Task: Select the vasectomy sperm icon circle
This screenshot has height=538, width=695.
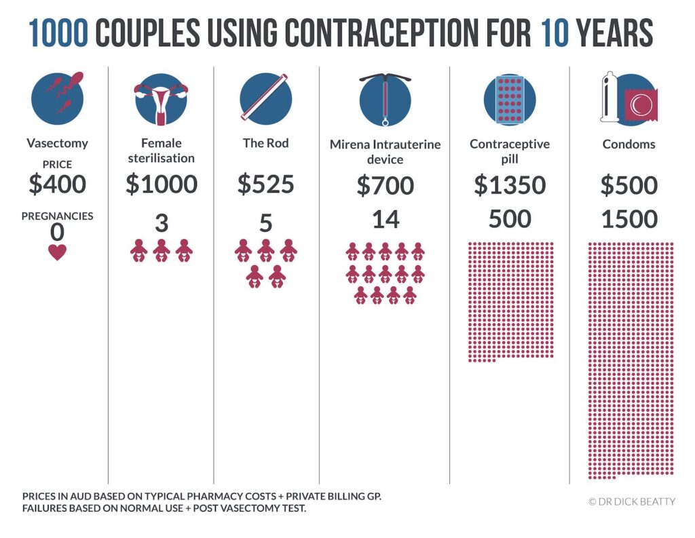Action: click(x=57, y=98)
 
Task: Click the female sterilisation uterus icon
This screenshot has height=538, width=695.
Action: click(x=161, y=99)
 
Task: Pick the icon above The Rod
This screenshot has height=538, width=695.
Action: click(x=265, y=99)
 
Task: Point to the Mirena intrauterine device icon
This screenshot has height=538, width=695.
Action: click(x=385, y=99)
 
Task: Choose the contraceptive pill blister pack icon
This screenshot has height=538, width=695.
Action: click(x=509, y=99)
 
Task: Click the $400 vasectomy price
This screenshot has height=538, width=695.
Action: click(x=57, y=184)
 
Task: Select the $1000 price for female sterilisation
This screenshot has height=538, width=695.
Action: click(x=161, y=185)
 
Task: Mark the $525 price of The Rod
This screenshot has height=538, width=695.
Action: click(x=265, y=185)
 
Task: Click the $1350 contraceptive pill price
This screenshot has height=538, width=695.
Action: click(x=509, y=185)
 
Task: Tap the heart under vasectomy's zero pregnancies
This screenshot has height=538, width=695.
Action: click(x=57, y=252)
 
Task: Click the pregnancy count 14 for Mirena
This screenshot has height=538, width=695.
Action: click(x=385, y=219)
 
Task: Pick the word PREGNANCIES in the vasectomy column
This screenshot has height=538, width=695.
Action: click(x=57, y=216)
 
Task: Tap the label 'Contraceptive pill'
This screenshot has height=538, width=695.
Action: click(x=509, y=151)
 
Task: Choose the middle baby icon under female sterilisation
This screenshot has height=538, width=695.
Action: click(x=161, y=250)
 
